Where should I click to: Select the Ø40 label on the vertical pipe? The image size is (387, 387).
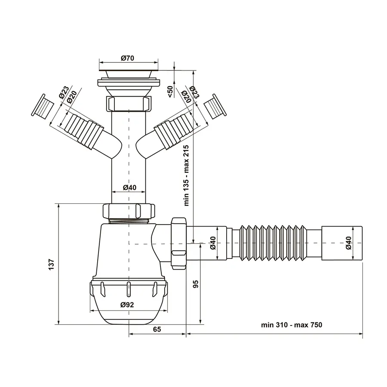129,187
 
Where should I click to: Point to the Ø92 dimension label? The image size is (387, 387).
127,304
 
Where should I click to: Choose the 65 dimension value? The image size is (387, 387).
157,329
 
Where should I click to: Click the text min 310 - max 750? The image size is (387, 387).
291,325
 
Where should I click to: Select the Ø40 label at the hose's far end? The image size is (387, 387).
348,243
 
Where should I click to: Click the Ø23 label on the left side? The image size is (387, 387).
63,94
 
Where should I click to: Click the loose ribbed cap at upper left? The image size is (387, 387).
42,105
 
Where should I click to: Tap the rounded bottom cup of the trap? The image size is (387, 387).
129,305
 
